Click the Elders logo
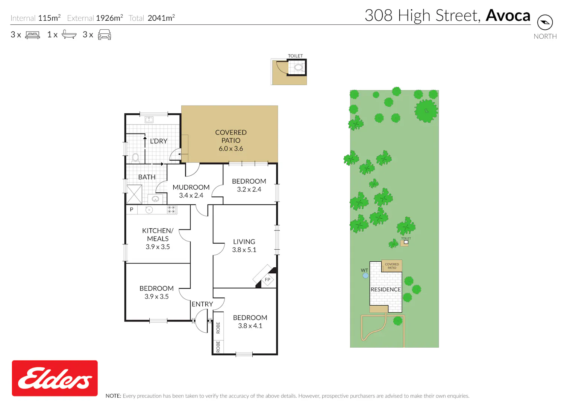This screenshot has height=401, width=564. (x=55, y=378)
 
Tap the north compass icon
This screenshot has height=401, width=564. (x=545, y=23)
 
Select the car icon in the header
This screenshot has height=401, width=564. (x=105, y=35)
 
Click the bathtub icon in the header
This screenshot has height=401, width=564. (x=69, y=35)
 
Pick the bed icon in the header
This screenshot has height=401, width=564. (x=32, y=35)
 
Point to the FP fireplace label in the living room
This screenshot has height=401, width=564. (x=267, y=280)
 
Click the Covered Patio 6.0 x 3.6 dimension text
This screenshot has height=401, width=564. (x=230, y=149)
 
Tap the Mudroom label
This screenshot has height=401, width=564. (x=191, y=187)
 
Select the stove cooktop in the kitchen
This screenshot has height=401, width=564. (x=172, y=210)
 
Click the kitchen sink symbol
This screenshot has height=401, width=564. (x=149, y=210)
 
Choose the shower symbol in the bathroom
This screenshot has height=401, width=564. (x=134, y=194)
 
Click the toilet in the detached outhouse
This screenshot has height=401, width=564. (x=299, y=67)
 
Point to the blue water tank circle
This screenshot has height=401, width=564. (x=365, y=276)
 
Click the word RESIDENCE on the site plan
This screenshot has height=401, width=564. (x=385, y=289)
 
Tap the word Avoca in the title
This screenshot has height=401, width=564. (x=508, y=16)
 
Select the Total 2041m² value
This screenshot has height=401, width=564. (x=161, y=18)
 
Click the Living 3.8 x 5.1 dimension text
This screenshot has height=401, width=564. (x=244, y=250)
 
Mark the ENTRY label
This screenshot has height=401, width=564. (x=202, y=304)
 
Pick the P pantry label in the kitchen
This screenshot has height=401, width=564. (x=132, y=209)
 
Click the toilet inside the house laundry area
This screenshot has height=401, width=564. (x=135, y=158)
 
